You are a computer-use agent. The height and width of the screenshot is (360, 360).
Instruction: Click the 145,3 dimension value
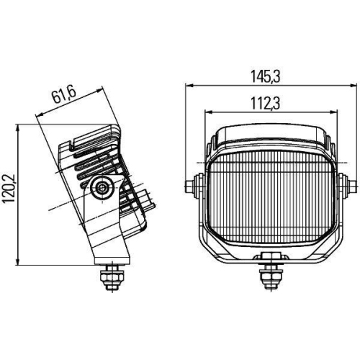(x=266, y=76)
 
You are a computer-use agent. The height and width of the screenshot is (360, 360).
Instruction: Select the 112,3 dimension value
(x=266, y=103)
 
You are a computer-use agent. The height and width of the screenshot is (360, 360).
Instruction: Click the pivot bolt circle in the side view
(x=102, y=187)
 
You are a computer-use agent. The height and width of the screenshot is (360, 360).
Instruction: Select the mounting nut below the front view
(x=271, y=276)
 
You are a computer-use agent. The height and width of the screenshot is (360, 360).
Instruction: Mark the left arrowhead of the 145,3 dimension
(x=189, y=85)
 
